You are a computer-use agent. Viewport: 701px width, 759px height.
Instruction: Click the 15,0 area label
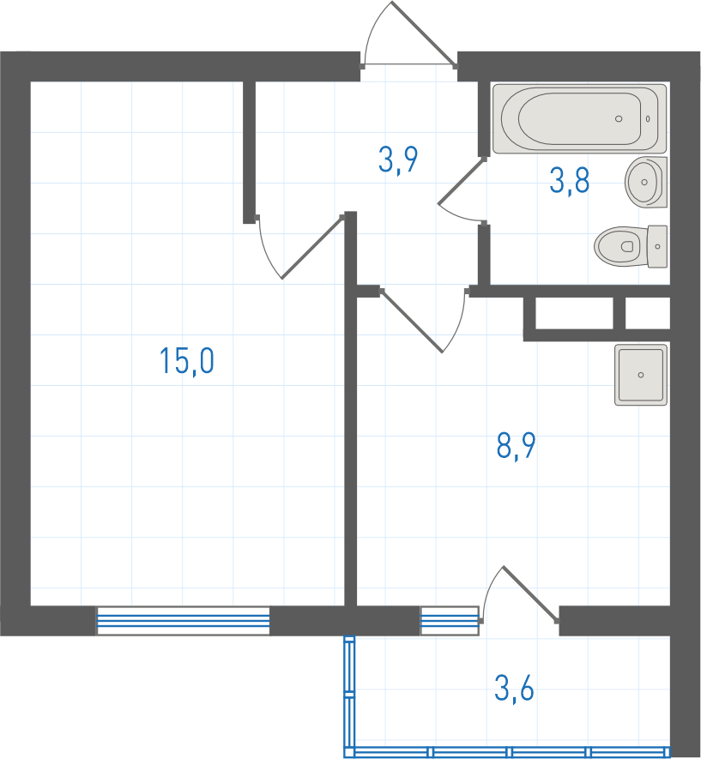point(187,361)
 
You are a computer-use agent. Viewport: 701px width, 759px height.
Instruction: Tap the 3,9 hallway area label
point(398,160)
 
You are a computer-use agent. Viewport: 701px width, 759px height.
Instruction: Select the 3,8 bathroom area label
point(570,180)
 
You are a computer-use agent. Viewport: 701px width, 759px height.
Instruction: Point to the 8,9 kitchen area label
point(516,446)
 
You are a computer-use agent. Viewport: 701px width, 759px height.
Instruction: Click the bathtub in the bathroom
point(579,118)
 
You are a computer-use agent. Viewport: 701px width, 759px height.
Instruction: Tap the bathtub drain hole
point(619,118)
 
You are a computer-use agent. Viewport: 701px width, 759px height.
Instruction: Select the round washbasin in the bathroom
point(646,183)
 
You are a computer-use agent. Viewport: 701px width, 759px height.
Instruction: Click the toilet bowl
point(620,246)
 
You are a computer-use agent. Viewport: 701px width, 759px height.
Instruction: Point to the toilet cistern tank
point(657,246)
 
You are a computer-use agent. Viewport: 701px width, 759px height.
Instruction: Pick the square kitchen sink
point(641,375)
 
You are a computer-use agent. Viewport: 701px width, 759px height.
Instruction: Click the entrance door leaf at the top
point(423,33)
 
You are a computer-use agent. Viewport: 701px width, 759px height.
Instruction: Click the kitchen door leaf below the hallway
point(412,321)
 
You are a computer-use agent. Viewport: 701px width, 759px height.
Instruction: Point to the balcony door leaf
point(530,594)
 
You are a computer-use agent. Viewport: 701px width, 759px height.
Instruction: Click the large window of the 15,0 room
point(184,621)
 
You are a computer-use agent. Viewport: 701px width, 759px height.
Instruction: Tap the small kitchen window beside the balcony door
point(450,621)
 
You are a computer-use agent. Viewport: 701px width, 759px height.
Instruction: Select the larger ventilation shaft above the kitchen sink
point(574,313)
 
